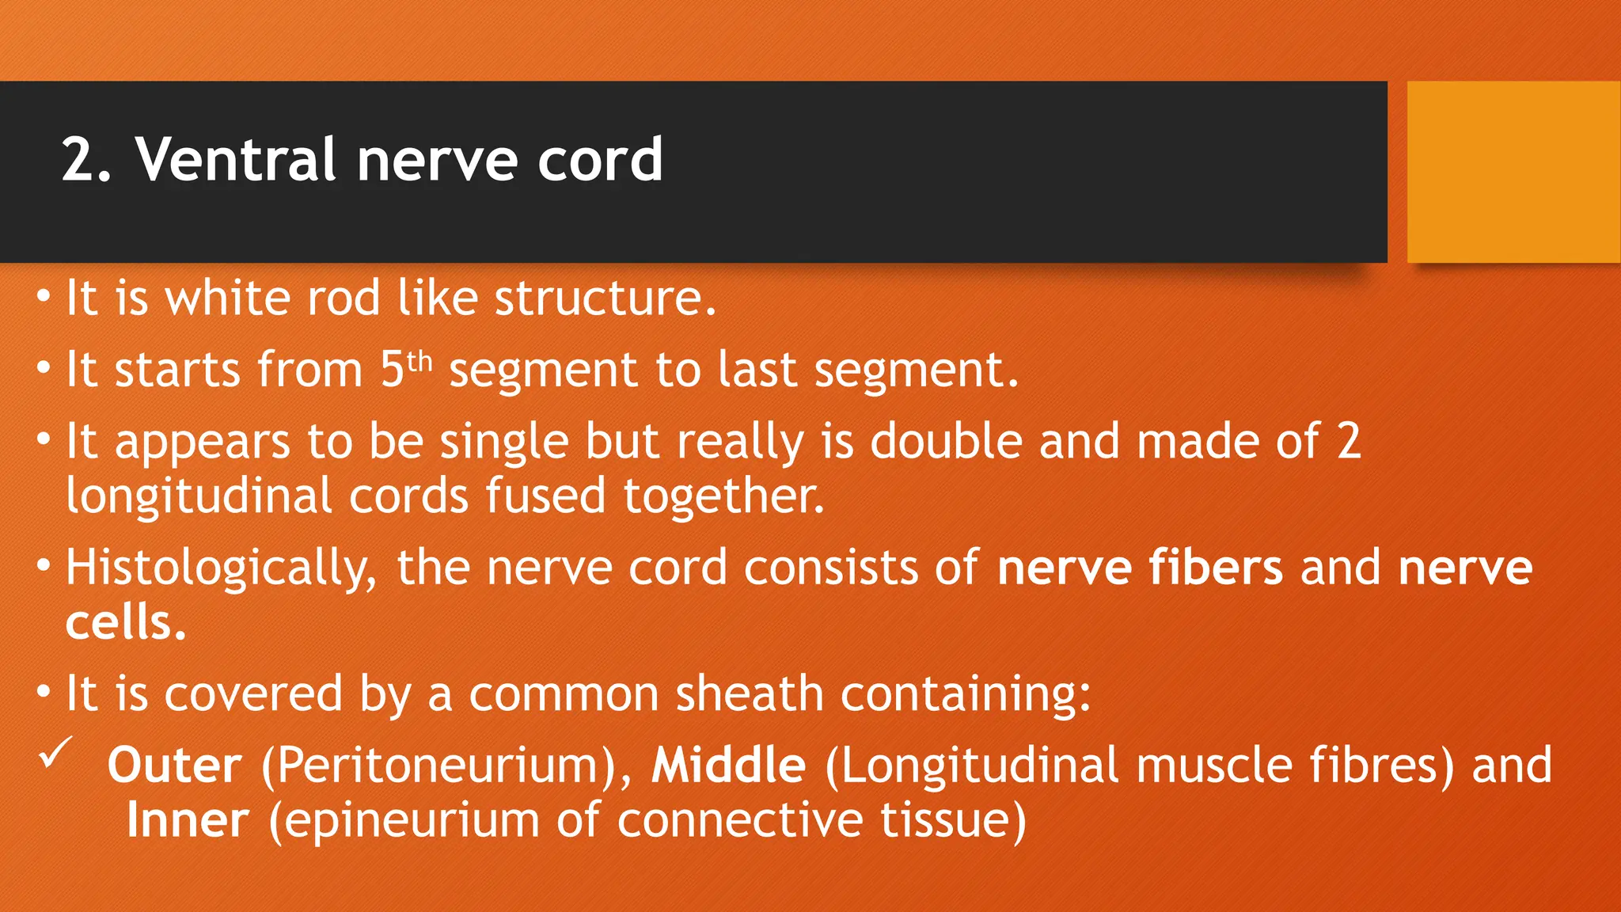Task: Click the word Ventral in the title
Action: [x=237, y=160]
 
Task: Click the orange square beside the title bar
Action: [x=1513, y=172]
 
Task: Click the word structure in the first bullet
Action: [x=605, y=298]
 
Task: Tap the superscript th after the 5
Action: [x=419, y=362]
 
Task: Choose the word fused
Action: [x=545, y=496]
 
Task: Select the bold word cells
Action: [x=125, y=623]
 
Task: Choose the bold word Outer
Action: [x=175, y=766]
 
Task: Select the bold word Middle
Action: [x=728, y=766]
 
